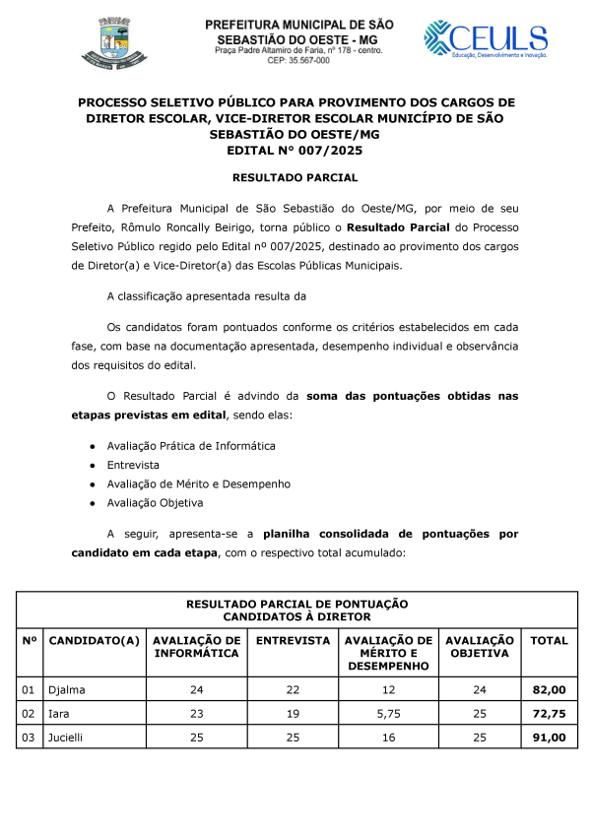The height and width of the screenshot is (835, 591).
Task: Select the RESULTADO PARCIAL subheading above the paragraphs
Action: click(295, 178)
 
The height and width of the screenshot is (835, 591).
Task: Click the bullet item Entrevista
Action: click(133, 465)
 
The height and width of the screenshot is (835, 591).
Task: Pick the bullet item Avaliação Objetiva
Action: click(155, 502)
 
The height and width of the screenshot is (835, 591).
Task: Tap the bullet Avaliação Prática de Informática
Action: click(191, 446)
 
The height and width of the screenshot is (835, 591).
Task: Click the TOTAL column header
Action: click(549, 641)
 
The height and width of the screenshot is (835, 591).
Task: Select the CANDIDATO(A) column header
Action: click(95, 641)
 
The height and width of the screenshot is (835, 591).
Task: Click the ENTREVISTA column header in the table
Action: click(293, 641)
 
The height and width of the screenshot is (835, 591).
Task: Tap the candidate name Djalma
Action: click(65, 689)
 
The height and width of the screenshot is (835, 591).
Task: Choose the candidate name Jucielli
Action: click(67, 736)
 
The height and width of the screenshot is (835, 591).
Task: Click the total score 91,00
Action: click(549, 736)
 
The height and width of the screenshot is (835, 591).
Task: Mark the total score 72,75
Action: click(549, 712)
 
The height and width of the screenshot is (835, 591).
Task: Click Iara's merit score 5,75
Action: click(386, 712)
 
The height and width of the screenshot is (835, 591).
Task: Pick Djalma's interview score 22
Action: click(293, 689)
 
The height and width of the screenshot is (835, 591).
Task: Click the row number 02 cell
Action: click(29, 712)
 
